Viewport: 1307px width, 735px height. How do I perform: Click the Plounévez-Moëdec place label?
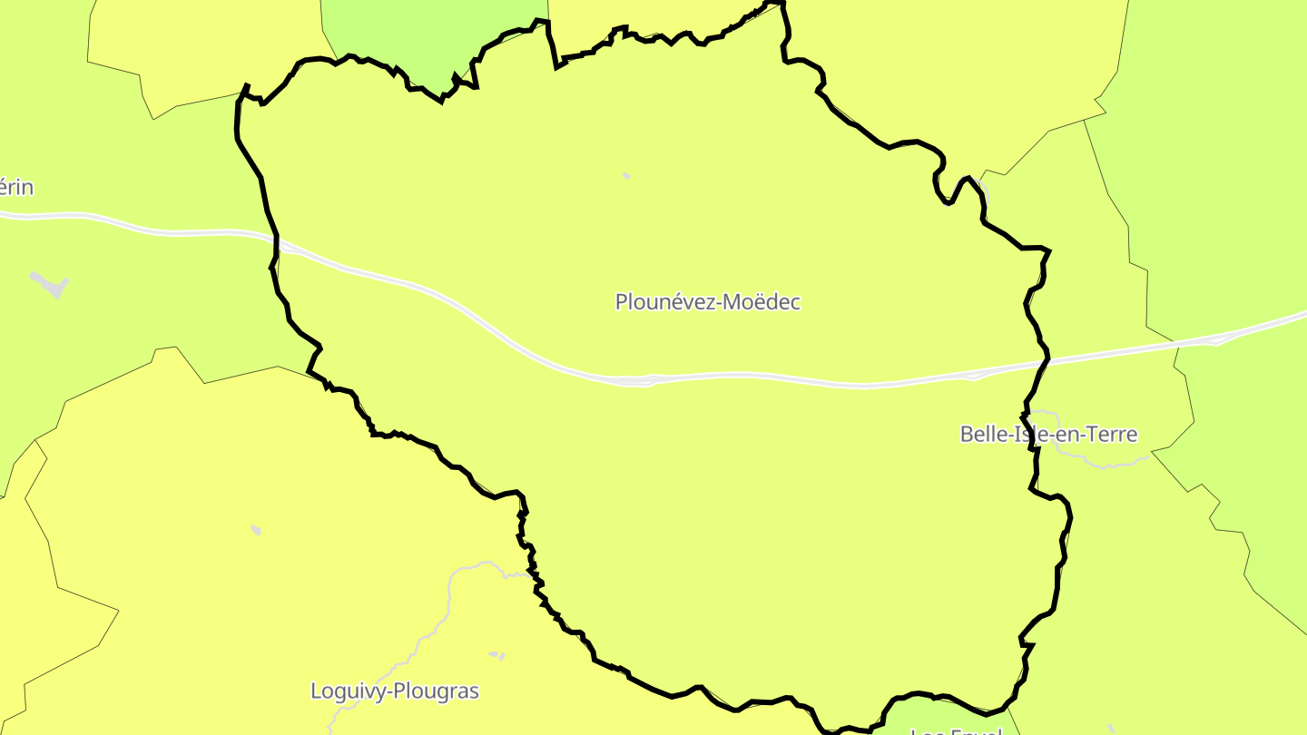[x=707, y=302]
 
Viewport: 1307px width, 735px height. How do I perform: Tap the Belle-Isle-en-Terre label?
[x=1048, y=434]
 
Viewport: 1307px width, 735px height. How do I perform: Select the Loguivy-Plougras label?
[x=394, y=691]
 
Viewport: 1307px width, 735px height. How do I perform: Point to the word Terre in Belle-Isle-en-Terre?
[x=1113, y=434]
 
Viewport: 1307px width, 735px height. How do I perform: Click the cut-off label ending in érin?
[x=16, y=188]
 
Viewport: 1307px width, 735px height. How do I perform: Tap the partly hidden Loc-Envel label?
[x=955, y=730]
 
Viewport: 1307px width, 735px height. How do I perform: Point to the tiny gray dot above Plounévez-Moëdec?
[x=626, y=175]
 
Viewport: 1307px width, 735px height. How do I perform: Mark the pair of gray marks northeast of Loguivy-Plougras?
[x=496, y=654]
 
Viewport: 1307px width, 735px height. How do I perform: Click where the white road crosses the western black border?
[x=277, y=242]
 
